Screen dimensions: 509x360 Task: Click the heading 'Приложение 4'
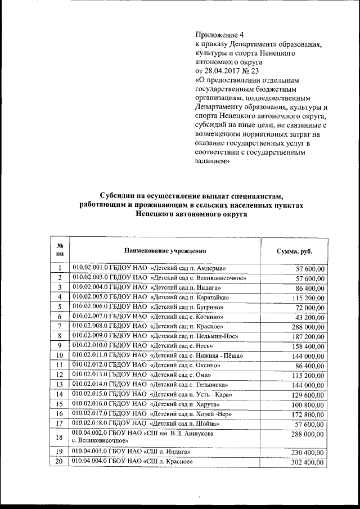pyautogui.click(x=219, y=34)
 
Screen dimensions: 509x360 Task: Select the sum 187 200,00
pyautogui.click(x=307, y=336)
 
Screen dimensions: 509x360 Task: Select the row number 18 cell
pyautogui.click(x=59, y=437)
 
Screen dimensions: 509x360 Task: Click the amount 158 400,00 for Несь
pyautogui.click(x=307, y=346)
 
